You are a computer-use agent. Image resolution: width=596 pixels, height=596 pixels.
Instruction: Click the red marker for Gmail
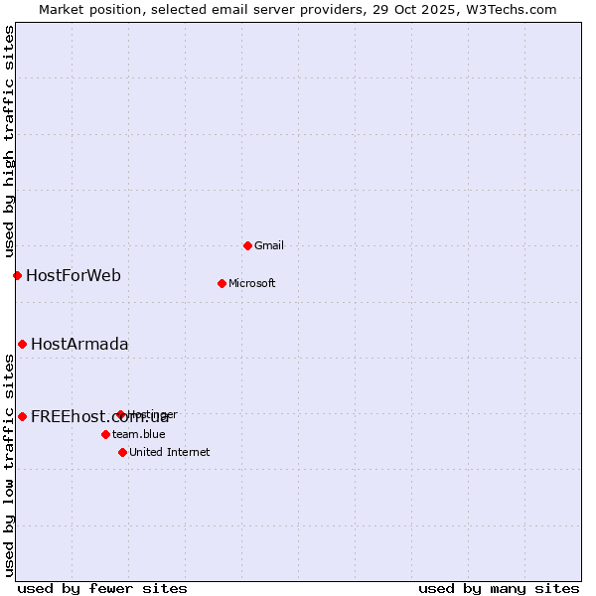pyautogui.click(x=247, y=245)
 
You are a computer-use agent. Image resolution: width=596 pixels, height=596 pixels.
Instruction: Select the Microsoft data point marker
pyautogui.click(x=222, y=283)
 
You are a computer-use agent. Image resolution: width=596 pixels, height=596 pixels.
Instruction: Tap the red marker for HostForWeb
pyautogui.click(x=17, y=275)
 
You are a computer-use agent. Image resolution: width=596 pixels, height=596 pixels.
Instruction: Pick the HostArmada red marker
pyautogui.click(x=22, y=344)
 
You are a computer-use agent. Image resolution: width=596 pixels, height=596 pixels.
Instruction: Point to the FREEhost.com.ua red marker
pyautogui.click(x=22, y=416)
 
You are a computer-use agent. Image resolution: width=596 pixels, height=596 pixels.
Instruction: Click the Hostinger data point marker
pyautogui.click(x=120, y=414)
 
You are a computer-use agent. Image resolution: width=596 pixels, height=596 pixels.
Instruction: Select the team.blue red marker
pyautogui.click(x=105, y=434)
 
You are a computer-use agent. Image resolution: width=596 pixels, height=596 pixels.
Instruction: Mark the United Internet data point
pyautogui.click(x=122, y=452)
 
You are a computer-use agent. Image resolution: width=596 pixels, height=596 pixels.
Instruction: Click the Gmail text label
pyautogui.click(x=269, y=245)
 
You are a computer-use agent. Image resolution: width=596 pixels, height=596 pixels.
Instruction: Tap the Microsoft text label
pyautogui.click(x=251, y=283)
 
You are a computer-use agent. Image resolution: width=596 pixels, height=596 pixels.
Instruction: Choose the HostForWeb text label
pyautogui.click(x=74, y=275)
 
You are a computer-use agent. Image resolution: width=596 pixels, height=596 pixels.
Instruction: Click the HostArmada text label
pyautogui.click(x=79, y=344)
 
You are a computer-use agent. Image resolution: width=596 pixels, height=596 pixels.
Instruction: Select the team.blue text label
pyautogui.click(x=138, y=434)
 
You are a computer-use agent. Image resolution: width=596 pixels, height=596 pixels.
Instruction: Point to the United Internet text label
pyautogui.click(x=169, y=452)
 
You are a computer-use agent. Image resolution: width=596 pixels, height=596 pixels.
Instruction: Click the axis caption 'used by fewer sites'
pyautogui.click(x=102, y=588)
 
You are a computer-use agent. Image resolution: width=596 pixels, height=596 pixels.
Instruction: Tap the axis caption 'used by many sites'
pyautogui.click(x=499, y=588)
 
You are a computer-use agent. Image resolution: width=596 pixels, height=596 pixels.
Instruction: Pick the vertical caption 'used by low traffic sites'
pyautogui.click(x=9, y=464)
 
